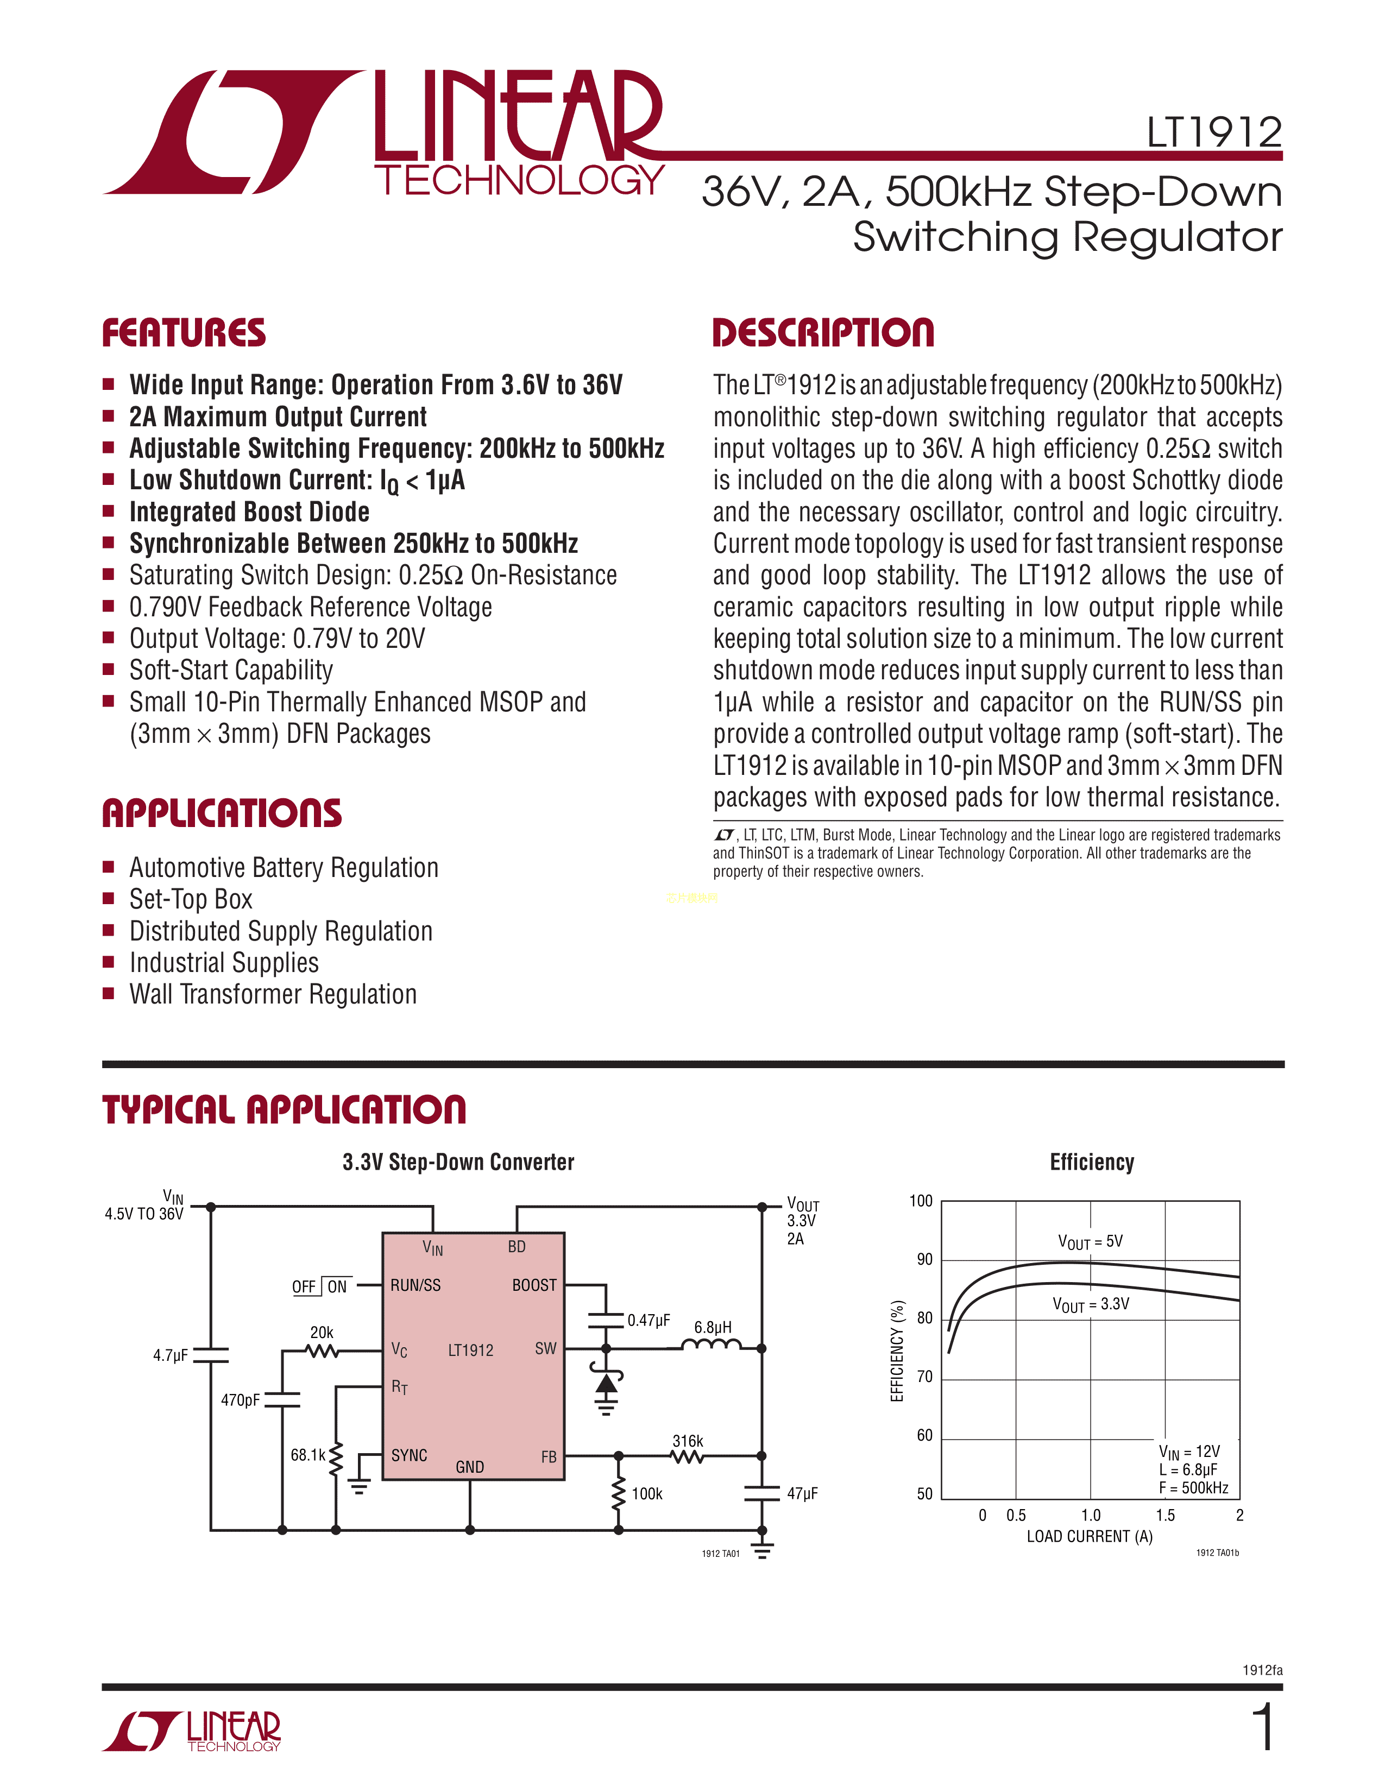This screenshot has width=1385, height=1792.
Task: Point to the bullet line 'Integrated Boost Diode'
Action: [x=249, y=512]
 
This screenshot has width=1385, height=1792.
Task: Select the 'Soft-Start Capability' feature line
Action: [x=231, y=670]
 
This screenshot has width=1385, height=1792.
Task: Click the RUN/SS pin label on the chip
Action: [x=415, y=1285]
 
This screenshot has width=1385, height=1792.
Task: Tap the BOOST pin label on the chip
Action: [x=534, y=1285]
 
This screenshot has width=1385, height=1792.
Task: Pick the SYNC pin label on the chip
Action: [x=408, y=1455]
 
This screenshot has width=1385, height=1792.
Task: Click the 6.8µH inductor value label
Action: [x=712, y=1327]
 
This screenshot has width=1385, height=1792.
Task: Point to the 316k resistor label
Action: [x=688, y=1441]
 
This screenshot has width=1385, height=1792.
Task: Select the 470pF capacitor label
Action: [x=240, y=1400]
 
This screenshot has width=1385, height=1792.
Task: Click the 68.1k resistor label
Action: [x=307, y=1455]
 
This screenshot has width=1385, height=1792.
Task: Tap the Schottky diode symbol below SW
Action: [x=606, y=1385]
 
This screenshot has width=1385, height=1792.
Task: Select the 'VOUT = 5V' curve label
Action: [x=1090, y=1241]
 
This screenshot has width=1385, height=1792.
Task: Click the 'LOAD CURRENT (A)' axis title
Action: [x=1089, y=1537]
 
